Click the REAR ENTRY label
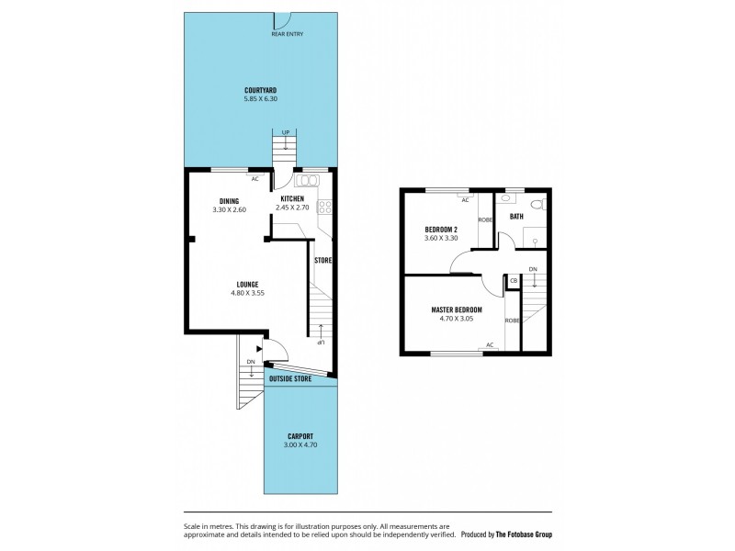[287, 34]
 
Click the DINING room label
[229, 200]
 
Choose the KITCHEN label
[292, 199]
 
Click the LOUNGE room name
[245, 284]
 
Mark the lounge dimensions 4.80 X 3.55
[245, 294]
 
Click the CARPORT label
[300, 436]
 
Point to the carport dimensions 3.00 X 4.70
[300, 445]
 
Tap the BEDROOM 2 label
[441, 229]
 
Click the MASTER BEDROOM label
[456, 309]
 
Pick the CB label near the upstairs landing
[514, 280]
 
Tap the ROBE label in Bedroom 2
[484, 220]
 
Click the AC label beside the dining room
[254, 179]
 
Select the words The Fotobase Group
[523, 534]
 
